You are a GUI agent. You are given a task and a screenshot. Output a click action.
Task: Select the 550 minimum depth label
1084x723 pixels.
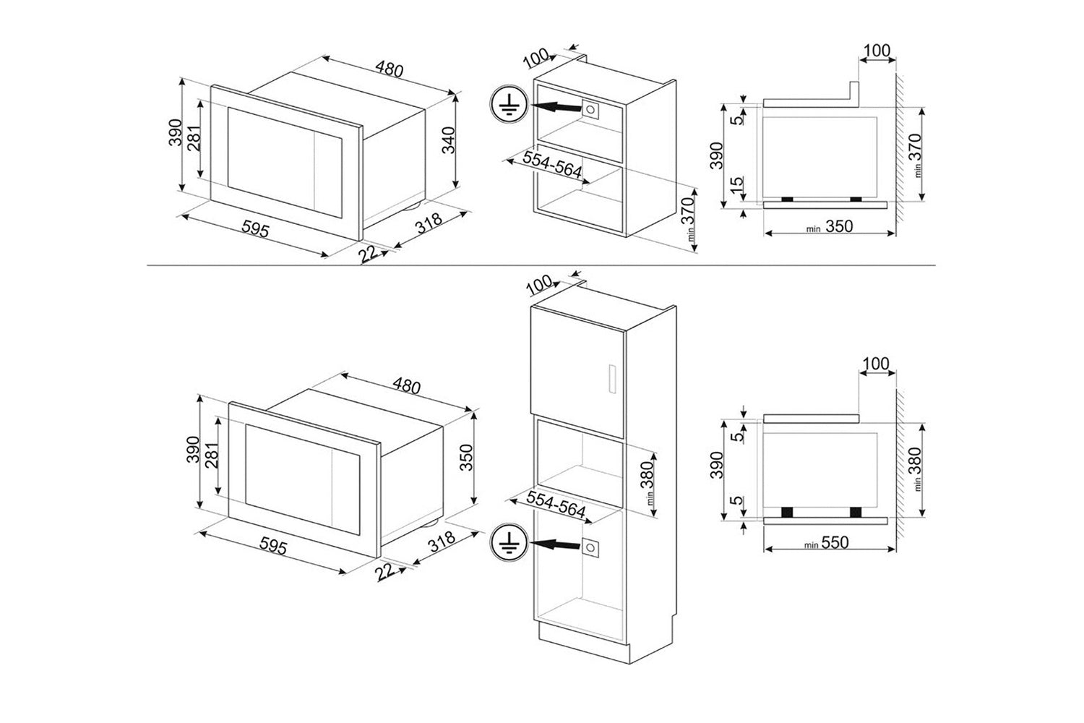tap(834, 542)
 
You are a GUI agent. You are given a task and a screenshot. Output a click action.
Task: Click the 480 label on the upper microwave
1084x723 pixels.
tap(388, 69)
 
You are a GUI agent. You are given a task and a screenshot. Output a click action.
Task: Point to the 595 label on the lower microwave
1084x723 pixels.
tap(272, 548)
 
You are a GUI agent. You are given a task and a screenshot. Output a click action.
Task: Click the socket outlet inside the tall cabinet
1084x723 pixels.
tap(591, 547)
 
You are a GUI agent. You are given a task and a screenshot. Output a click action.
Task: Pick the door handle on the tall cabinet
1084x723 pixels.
tap(611, 377)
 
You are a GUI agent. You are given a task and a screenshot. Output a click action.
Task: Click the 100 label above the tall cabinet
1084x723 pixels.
tap(538, 284)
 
